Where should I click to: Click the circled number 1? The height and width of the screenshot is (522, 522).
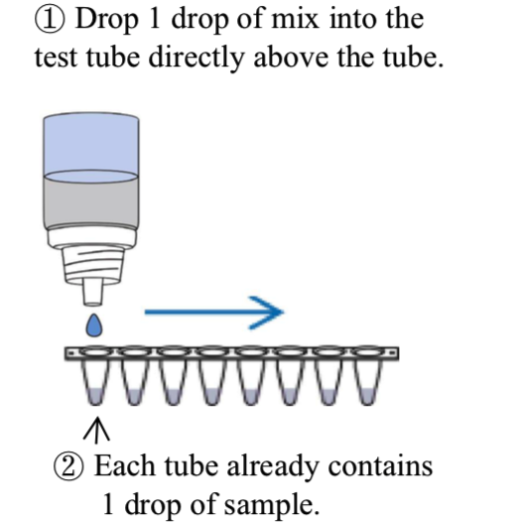tap(50, 19)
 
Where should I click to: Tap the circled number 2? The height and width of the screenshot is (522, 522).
tap(67, 466)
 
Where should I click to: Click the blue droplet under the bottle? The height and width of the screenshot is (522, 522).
tap(94, 326)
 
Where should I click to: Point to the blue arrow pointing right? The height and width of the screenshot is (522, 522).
tap(213, 313)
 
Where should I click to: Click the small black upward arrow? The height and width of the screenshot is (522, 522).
tap(96, 430)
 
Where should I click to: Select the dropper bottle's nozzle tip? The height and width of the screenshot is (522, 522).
tap(92, 293)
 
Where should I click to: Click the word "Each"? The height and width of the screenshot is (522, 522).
tap(124, 466)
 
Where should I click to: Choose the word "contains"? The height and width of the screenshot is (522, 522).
tap(380, 466)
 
